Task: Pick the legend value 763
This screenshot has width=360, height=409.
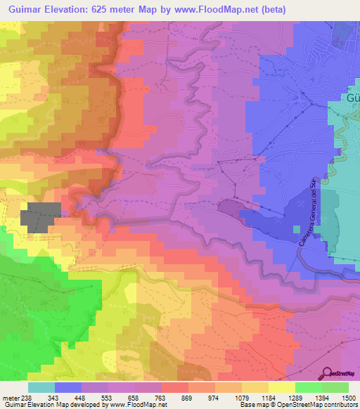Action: [x=160, y=398]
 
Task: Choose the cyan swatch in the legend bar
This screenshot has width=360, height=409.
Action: [x=41, y=387]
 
